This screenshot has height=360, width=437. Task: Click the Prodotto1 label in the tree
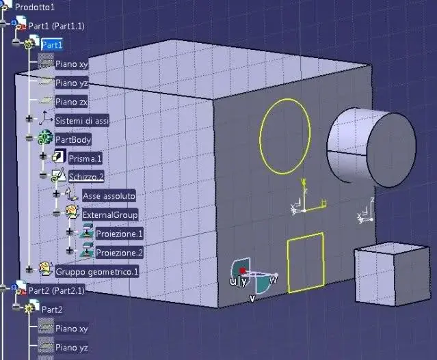(35, 7)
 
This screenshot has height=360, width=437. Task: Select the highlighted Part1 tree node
(52, 45)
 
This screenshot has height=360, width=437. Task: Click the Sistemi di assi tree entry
(82, 121)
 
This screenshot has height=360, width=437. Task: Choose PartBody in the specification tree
(73, 139)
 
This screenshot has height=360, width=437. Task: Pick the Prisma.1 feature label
(85, 158)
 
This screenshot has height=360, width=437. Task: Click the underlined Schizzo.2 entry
(86, 177)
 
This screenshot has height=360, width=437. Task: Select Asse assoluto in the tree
(109, 196)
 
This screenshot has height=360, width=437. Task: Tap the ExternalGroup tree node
(110, 214)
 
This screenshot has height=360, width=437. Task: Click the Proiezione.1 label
(119, 234)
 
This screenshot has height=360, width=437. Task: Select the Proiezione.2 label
(119, 253)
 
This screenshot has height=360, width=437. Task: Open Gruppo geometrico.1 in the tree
(96, 271)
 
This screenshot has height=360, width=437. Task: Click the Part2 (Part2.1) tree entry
(56, 291)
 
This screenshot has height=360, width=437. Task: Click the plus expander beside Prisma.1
(43, 156)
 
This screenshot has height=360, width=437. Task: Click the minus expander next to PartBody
(29, 137)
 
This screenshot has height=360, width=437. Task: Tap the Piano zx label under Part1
(71, 102)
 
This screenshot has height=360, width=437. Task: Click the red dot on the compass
(243, 271)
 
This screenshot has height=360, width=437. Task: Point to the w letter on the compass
(274, 279)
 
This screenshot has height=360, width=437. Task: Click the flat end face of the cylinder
(392, 150)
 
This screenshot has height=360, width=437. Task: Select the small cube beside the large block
(393, 274)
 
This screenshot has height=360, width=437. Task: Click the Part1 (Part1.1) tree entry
(56, 26)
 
